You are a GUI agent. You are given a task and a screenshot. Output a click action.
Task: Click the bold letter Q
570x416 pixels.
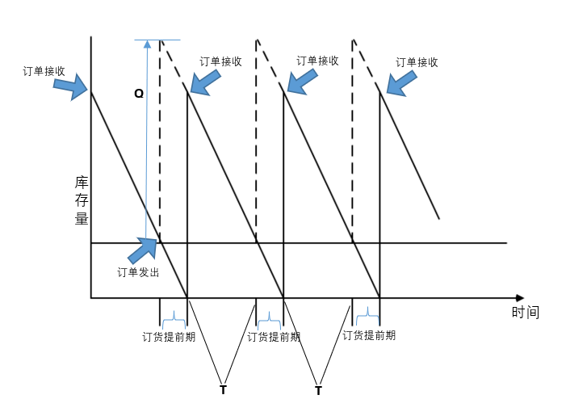click(x=139, y=94)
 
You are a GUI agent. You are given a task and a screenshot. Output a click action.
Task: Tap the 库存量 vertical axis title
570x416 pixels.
click(x=82, y=200)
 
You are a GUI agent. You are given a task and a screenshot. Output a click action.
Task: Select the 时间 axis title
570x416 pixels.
click(x=525, y=313)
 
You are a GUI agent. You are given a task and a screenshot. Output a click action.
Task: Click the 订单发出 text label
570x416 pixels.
click(x=138, y=272)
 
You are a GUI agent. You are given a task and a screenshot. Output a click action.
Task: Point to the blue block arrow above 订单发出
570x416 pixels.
click(x=144, y=250)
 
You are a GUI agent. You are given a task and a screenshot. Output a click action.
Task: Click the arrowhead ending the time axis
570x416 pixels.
click(x=519, y=298)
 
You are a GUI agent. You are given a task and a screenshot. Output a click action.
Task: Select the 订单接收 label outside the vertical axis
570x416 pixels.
click(x=44, y=71)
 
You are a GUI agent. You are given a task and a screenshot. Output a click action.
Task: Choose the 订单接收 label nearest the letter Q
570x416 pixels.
click(x=220, y=61)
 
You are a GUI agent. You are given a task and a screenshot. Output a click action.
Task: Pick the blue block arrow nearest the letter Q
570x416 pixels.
click(x=206, y=82)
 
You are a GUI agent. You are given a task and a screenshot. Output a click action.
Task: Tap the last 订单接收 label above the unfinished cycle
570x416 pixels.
click(x=417, y=62)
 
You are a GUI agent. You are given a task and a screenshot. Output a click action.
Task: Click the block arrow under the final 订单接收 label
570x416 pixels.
click(x=401, y=82)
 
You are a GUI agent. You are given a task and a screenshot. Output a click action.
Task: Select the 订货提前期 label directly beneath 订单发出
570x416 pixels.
click(x=169, y=337)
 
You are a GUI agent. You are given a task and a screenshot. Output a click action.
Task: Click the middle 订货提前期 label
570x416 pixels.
click(x=274, y=337)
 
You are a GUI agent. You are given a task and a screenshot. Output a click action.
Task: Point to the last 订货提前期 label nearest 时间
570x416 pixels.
click(x=369, y=335)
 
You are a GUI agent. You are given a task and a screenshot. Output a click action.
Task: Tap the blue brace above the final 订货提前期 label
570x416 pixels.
click(x=367, y=312)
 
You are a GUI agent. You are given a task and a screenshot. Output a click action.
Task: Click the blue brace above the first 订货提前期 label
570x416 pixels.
click(x=174, y=322)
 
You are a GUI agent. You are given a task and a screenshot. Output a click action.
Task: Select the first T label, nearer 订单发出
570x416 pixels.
click(x=223, y=390)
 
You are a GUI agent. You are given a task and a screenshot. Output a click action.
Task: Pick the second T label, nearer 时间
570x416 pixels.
click(x=318, y=391)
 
